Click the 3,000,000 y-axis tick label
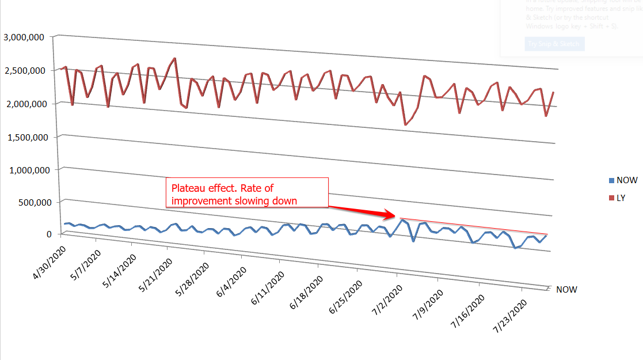[24, 37]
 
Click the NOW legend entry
[626, 180]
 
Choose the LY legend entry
[621, 198]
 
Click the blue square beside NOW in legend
[612, 180]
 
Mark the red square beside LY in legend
[612, 198]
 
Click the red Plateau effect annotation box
[247, 192]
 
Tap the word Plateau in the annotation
[184, 188]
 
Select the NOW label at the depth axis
[566, 290]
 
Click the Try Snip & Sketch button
[554, 44]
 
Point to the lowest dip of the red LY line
[405, 124]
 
